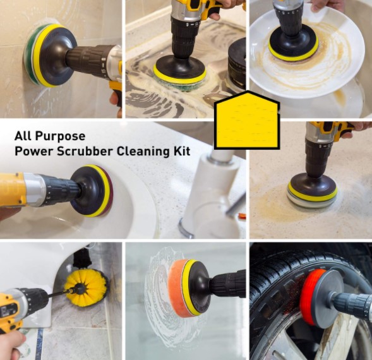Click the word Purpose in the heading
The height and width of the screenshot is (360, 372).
[x=59, y=136]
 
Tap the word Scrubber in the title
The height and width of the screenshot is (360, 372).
[x=81, y=152]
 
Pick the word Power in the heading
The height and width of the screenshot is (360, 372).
[x=32, y=152]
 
